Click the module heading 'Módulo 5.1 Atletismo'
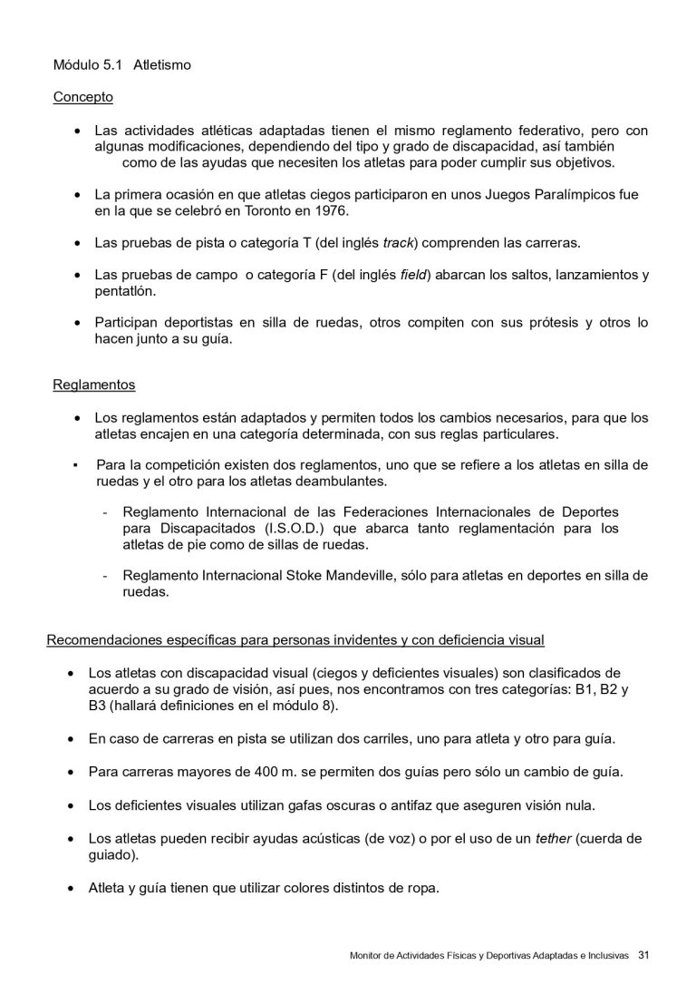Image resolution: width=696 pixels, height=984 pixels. [x=121, y=66]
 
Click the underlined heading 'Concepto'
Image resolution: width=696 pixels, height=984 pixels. [x=82, y=97]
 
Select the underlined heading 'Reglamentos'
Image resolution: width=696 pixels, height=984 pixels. [x=94, y=385]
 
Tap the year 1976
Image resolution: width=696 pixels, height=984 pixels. [x=331, y=211]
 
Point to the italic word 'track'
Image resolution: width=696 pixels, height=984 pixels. [x=398, y=243]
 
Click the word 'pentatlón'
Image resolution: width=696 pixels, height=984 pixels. [x=126, y=291]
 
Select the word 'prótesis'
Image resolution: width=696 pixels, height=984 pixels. [x=514, y=322]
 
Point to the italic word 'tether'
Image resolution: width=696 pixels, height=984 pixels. [x=553, y=838]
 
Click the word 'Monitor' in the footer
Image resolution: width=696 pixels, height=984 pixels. [x=369, y=956]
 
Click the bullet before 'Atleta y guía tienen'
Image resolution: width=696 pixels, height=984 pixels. [x=71, y=889]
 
